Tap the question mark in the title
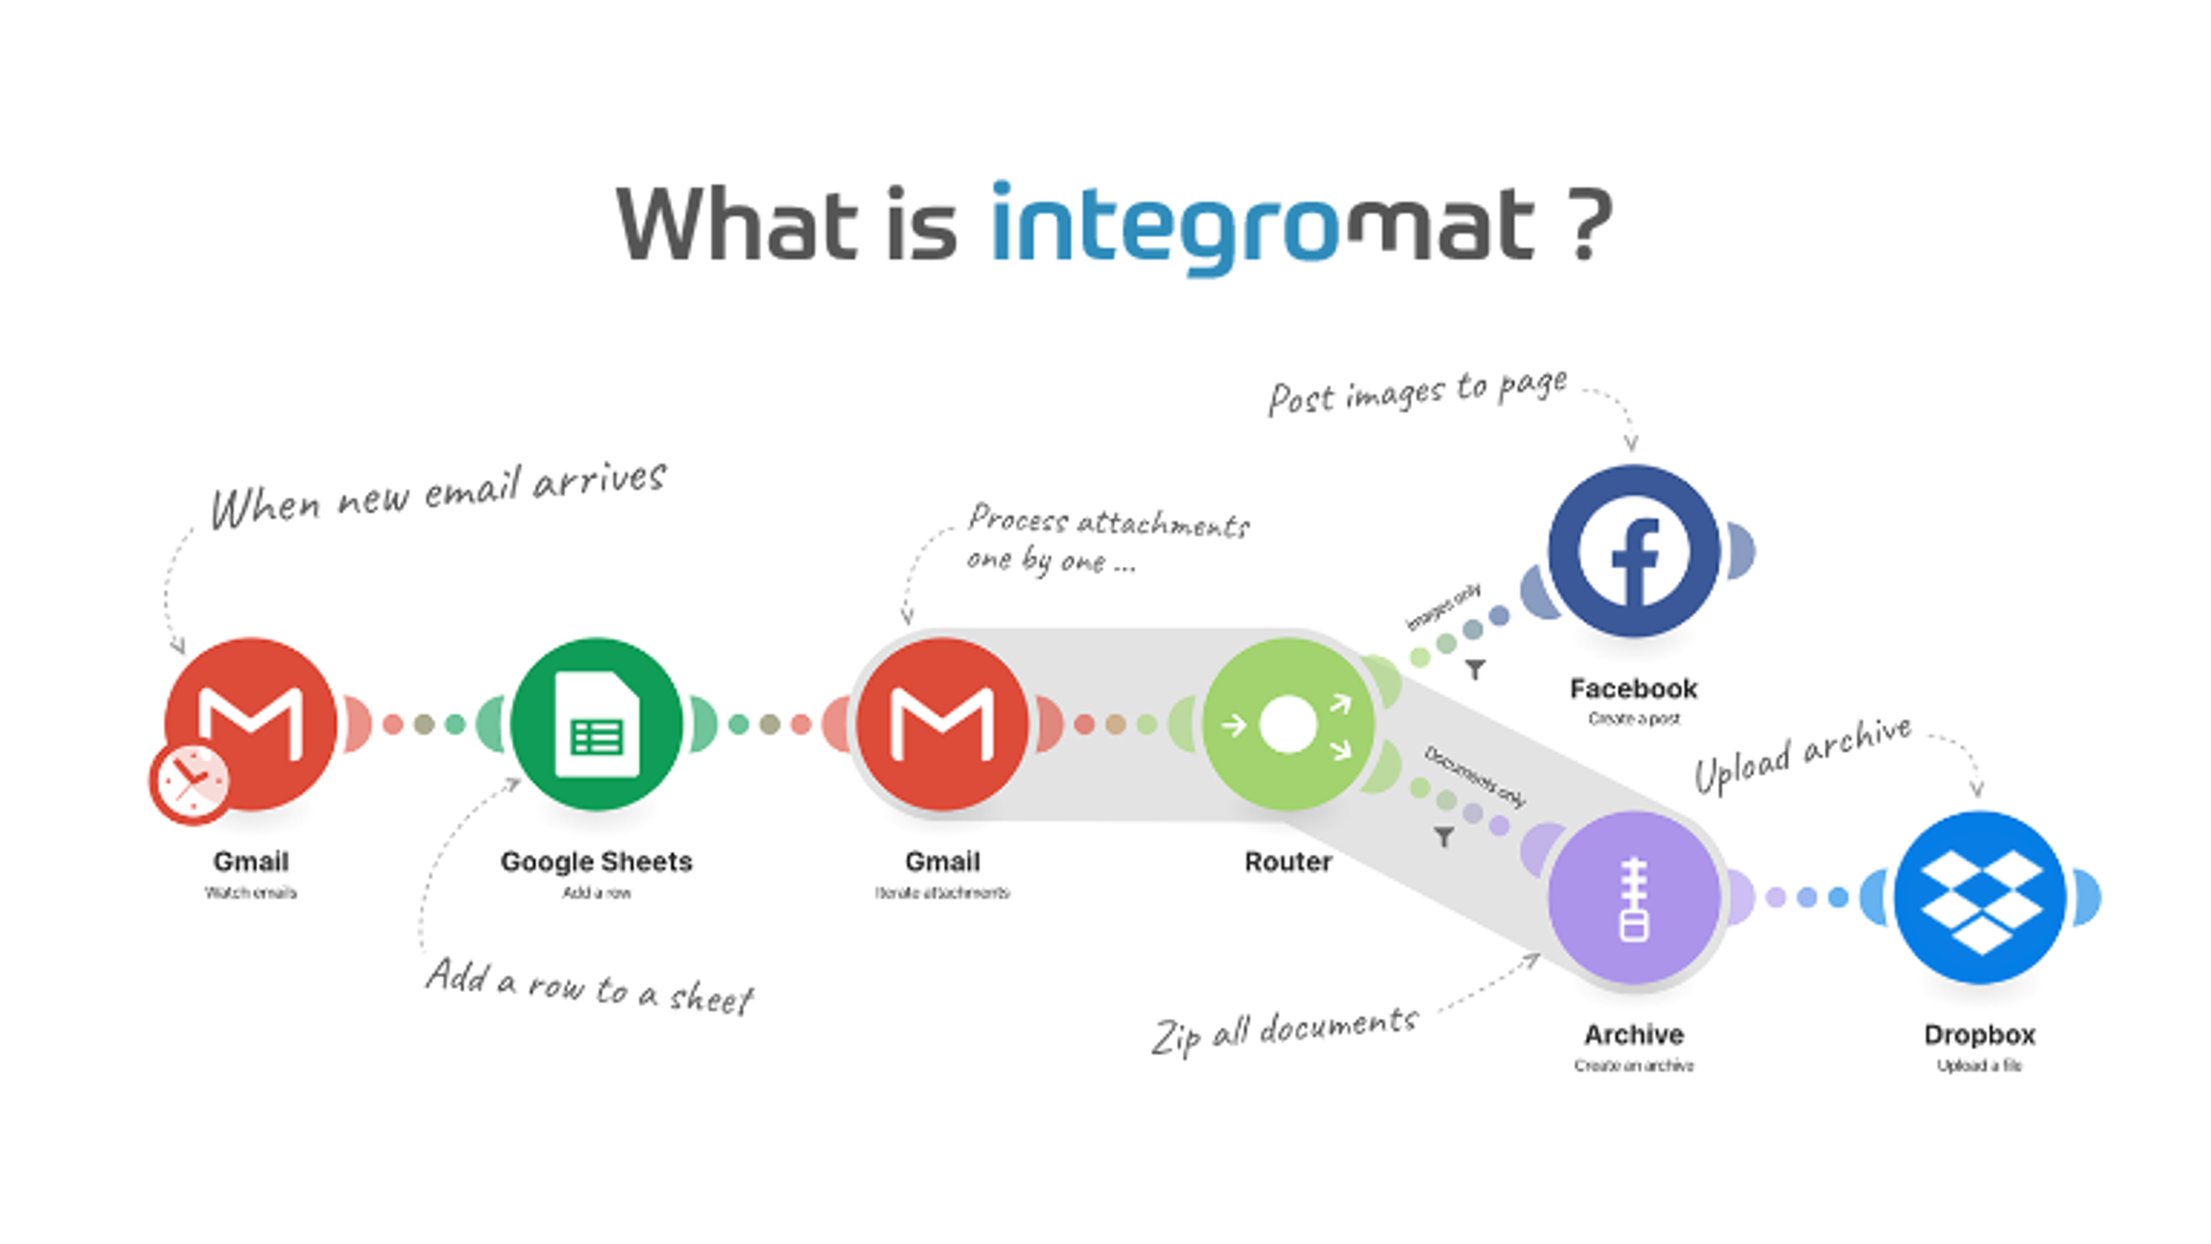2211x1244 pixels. click(1586, 225)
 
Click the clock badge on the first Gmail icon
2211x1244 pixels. click(189, 782)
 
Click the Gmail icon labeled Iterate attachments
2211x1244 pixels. click(943, 724)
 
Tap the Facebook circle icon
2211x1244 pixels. click(1633, 551)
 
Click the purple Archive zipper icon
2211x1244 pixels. click(1633, 898)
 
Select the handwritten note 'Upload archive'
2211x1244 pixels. click(1802, 754)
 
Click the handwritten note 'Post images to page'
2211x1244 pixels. click(1418, 392)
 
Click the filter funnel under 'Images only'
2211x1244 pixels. click(1475, 669)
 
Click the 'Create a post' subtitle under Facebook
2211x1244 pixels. click(1633, 719)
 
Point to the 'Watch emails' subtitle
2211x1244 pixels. click(250, 893)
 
